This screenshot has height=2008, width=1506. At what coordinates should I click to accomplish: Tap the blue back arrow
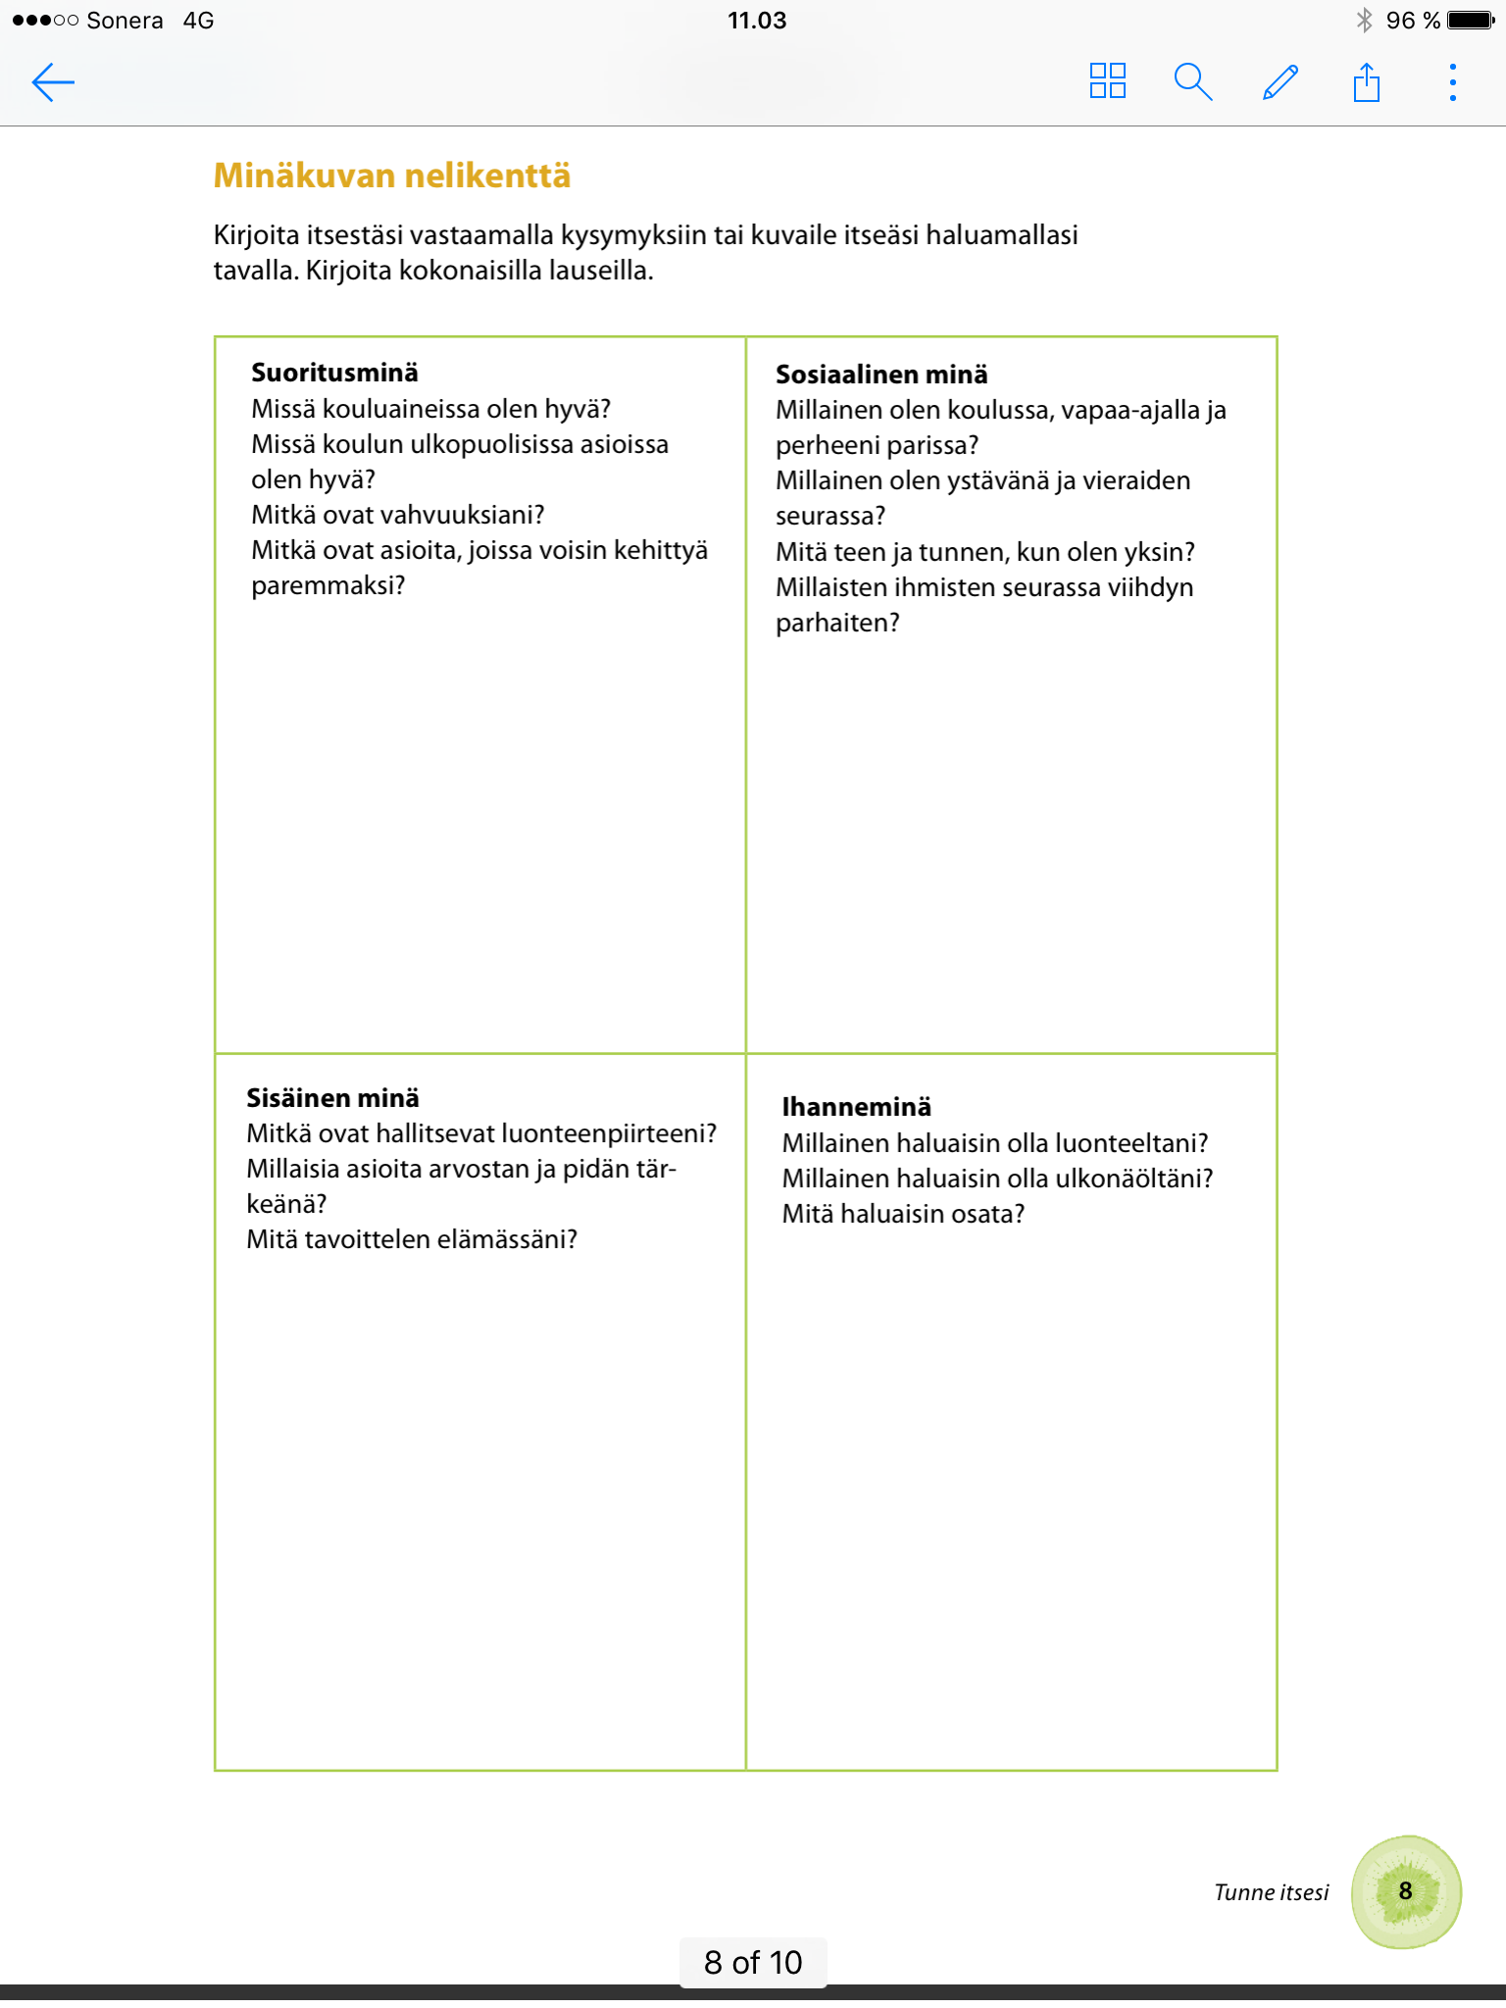pyautogui.click(x=53, y=82)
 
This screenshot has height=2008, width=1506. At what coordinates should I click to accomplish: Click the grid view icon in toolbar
pyautogui.click(x=1107, y=81)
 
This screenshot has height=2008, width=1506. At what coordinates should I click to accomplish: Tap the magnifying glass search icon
pyautogui.click(x=1192, y=82)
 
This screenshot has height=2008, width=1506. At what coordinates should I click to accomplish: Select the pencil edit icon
pyautogui.click(x=1280, y=82)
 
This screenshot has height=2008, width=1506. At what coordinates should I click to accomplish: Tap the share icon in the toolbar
pyautogui.click(x=1366, y=82)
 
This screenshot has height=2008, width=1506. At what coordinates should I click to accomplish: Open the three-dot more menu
pyautogui.click(x=1452, y=82)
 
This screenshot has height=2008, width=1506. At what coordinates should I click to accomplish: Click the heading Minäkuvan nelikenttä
pyautogui.click(x=392, y=176)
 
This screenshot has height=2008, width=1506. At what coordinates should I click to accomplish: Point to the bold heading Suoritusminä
pyautogui.click(x=334, y=373)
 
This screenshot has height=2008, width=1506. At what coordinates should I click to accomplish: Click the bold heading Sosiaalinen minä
pyautogui.click(x=880, y=375)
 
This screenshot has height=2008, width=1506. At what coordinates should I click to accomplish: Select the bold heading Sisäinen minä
pyautogui.click(x=332, y=1098)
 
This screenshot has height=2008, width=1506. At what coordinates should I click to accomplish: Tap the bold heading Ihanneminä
pyautogui.click(x=856, y=1107)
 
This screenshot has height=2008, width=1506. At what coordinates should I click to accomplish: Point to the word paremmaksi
pyautogui.click(x=326, y=585)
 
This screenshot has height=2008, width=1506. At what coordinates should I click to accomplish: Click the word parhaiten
pyautogui.click(x=836, y=623)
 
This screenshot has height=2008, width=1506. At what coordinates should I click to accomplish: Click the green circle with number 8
pyautogui.click(x=1405, y=1891)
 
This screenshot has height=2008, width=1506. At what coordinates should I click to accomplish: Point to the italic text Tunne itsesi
pyautogui.click(x=1271, y=1892)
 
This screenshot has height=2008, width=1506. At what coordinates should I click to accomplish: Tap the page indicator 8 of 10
pyautogui.click(x=753, y=1962)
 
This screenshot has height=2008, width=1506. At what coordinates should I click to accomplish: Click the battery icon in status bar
pyautogui.click(x=1470, y=21)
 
